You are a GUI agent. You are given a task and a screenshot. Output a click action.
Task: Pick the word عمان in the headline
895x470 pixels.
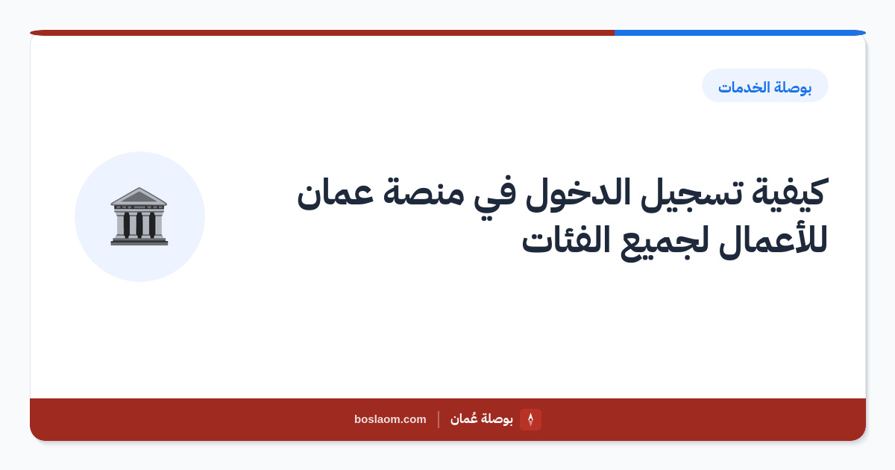335,195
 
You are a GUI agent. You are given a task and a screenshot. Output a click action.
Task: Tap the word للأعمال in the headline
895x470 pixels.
773,239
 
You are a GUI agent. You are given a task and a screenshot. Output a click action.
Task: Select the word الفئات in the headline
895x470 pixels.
566,239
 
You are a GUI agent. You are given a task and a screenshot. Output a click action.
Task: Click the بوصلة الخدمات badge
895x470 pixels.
765,86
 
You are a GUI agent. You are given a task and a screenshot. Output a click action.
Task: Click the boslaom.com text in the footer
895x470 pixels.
390,419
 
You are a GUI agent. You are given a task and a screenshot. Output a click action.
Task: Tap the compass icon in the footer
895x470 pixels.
530,419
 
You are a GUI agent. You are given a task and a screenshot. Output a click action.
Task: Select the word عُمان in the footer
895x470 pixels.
463,419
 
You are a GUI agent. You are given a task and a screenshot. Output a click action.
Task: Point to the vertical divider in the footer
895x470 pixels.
439,419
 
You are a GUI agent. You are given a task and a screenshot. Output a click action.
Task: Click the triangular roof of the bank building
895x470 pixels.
139,196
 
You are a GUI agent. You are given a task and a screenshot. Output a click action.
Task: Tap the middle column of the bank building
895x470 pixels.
139,225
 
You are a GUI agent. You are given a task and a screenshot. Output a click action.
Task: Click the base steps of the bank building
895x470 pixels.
139,241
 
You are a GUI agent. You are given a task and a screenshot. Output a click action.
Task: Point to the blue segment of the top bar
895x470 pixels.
740,33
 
